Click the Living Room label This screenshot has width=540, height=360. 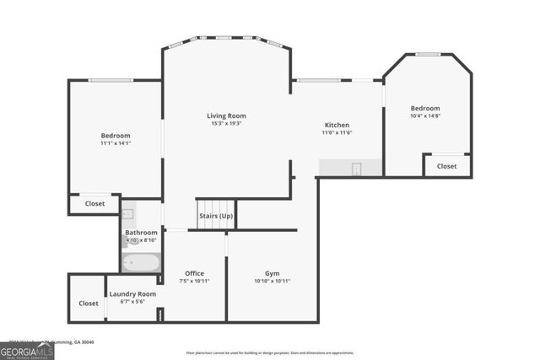[226, 116]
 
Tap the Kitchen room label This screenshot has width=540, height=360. [337, 124]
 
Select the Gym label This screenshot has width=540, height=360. [272, 273]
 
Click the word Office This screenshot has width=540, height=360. [195, 273]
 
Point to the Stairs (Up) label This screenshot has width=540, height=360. [216, 216]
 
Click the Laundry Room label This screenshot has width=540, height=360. [132, 293]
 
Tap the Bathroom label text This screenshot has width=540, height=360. [141, 232]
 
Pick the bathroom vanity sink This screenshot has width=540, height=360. [127, 214]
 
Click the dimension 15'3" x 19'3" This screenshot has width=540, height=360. [226, 124]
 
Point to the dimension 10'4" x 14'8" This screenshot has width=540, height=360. [425, 116]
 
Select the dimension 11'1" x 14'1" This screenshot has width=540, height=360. [116, 143]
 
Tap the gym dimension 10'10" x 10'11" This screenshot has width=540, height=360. [272, 281]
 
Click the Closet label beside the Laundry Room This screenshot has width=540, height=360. [88, 303]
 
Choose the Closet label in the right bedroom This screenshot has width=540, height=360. [446, 166]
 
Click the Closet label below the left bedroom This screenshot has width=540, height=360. [94, 204]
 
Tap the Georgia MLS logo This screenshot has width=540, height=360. [27, 349]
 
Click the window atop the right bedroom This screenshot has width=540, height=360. [428, 55]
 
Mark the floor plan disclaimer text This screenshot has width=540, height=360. [269, 352]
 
